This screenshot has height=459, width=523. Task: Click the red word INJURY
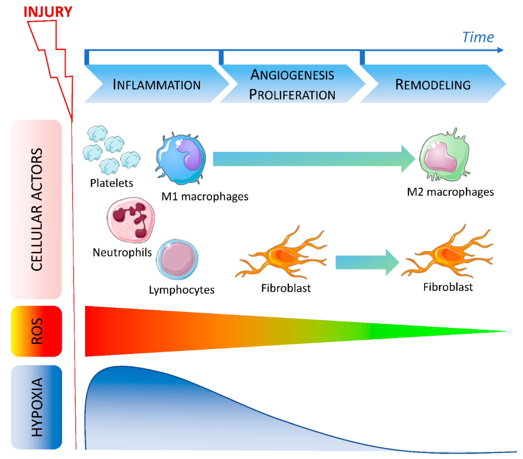pyautogui.click(x=48, y=12)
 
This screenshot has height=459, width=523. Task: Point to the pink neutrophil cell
pyautogui.click(x=130, y=220)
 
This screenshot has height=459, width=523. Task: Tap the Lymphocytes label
pyautogui.click(x=182, y=290)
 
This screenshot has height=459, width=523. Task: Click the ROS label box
pyautogui.click(x=36, y=331)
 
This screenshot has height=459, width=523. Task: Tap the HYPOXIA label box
pyautogui.click(x=36, y=407)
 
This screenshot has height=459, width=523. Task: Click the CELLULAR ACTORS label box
pyautogui.click(x=36, y=209)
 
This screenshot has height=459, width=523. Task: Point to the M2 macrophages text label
pyautogui.click(x=450, y=192)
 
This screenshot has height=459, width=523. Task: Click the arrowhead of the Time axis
pyautogui.click(x=500, y=50)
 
